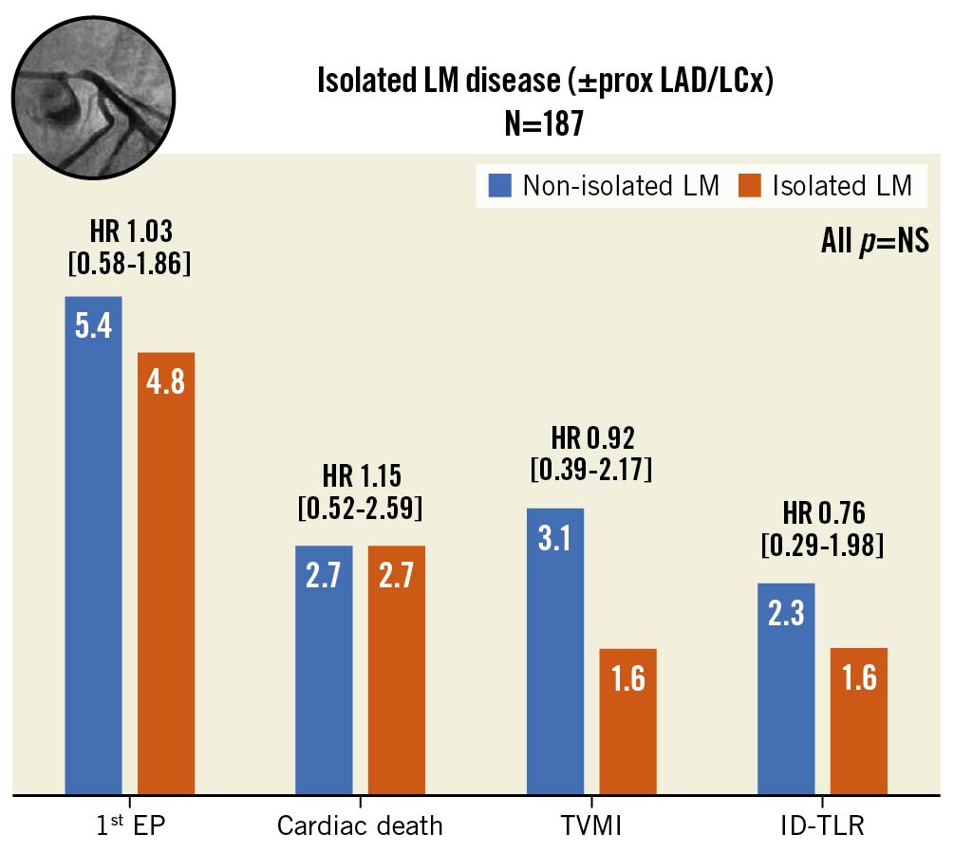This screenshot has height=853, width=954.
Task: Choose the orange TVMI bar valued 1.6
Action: click(628, 721)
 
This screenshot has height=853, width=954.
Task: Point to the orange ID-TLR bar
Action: click(859, 721)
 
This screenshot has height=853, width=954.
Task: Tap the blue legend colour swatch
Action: click(500, 186)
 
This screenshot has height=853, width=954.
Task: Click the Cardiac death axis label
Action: click(360, 825)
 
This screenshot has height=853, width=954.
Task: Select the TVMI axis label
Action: click(591, 825)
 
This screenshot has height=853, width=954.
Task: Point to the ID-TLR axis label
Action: click(822, 825)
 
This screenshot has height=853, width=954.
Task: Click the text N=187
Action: click(545, 124)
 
